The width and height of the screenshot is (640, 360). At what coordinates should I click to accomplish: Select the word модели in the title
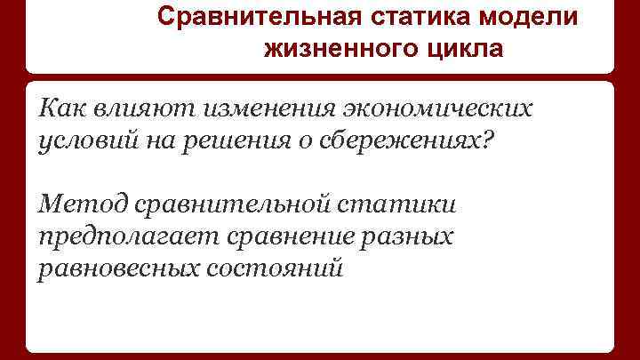coord(532,18)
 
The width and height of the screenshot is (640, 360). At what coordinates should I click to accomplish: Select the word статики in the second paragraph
coord(406,205)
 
